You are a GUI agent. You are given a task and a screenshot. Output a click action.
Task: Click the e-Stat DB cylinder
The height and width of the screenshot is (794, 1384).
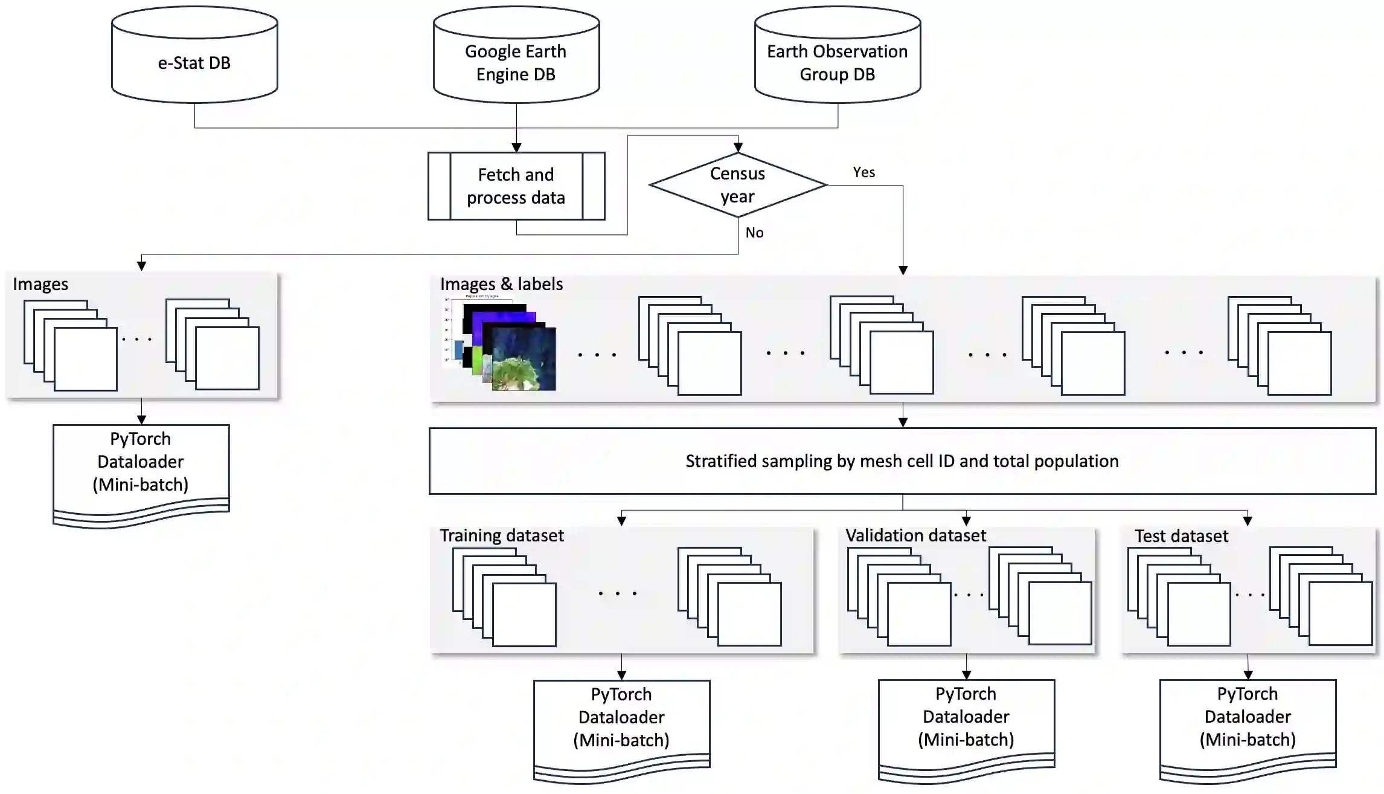[194, 62]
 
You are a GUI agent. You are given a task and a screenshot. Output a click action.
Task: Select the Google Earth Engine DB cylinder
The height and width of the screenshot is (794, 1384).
[516, 62]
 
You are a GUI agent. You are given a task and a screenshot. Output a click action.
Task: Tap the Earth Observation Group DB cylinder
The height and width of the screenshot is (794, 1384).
[837, 62]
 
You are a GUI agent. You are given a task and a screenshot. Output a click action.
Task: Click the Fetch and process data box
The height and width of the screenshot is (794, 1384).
[516, 186]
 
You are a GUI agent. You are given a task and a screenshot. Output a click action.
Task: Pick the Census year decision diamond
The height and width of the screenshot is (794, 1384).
[737, 185]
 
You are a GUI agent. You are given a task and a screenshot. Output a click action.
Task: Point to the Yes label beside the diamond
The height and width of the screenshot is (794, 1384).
[863, 172]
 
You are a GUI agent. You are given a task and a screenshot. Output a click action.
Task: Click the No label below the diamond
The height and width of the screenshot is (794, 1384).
[754, 233]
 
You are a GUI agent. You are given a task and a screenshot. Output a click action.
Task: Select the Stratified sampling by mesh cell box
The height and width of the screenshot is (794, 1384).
[902, 461]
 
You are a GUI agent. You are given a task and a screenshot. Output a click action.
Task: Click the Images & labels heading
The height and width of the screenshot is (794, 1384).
[501, 284]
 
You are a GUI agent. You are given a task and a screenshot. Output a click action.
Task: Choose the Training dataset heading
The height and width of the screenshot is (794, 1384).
[501, 535]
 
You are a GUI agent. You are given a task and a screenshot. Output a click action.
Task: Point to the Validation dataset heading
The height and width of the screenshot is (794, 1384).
[915, 535]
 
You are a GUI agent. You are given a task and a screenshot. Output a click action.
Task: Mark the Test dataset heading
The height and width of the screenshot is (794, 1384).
[1181, 536]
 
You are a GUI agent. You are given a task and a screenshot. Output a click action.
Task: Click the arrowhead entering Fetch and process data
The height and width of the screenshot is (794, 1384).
[516, 147]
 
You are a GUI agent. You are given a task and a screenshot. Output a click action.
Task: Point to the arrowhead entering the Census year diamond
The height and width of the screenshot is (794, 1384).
[738, 147]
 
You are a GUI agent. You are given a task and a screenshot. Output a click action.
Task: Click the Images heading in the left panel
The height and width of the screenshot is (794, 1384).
[40, 284]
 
